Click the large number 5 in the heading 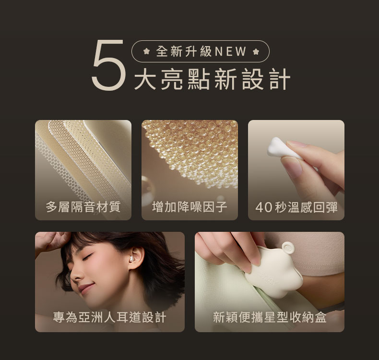pyautogui.click(x=109, y=65)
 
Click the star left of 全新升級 pyautogui.click(x=146, y=51)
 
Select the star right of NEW pyautogui.click(x=256, y=51)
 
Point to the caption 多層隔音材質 pyautogui.click(x=83, y=207)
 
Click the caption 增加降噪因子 pyautogui.click(x=190, y=207)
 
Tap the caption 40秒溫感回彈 pyautogui.click(x=296, y=207)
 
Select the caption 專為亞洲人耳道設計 pyautogui.click(x=109, y=317)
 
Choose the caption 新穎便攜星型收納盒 pyautogui.click(x=270, y=317)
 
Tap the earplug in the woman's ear pyautogui.click(x=131, y=259)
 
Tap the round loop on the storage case pyautogui.click(x=288, y=248)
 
